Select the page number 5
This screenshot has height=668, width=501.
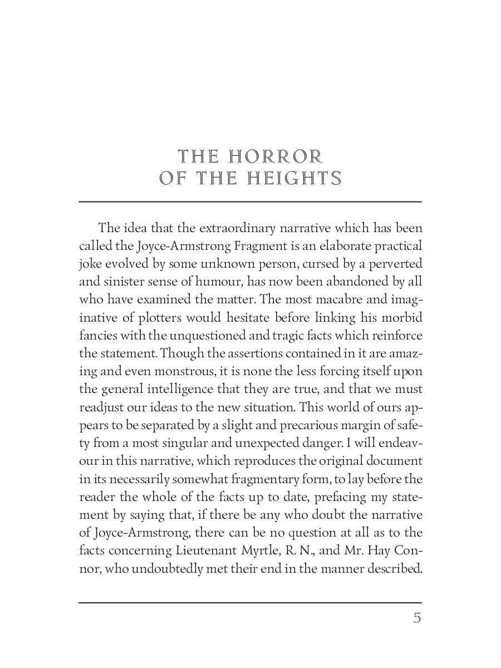click(417, 618)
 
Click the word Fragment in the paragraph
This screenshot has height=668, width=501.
click(261, 245)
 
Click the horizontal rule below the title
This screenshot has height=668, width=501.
click(250, 201)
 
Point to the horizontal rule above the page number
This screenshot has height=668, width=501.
click(250, 602)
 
